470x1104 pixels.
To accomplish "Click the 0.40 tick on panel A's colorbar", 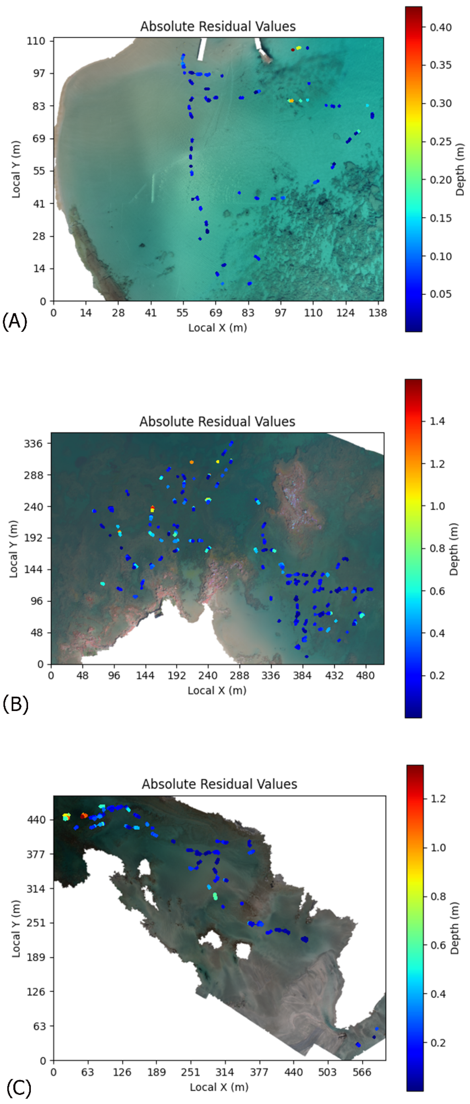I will [x=440, y=27].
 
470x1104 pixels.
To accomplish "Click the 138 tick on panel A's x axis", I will [x=377, y=313].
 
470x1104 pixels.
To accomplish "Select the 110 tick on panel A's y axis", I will [x=36, y=41].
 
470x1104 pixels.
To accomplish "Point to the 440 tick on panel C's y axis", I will [x=36, y=820].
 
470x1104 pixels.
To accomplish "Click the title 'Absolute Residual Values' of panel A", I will [x=218, y=26].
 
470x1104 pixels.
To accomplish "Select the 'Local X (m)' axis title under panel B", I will [x=217, y=690].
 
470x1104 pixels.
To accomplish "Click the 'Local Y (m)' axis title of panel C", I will [x=16, y=929].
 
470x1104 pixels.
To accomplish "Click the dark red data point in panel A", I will [x=293, y=50].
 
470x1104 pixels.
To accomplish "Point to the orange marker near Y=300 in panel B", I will [x=192, y=462].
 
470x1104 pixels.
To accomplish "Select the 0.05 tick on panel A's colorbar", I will [x=440, y=294].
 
